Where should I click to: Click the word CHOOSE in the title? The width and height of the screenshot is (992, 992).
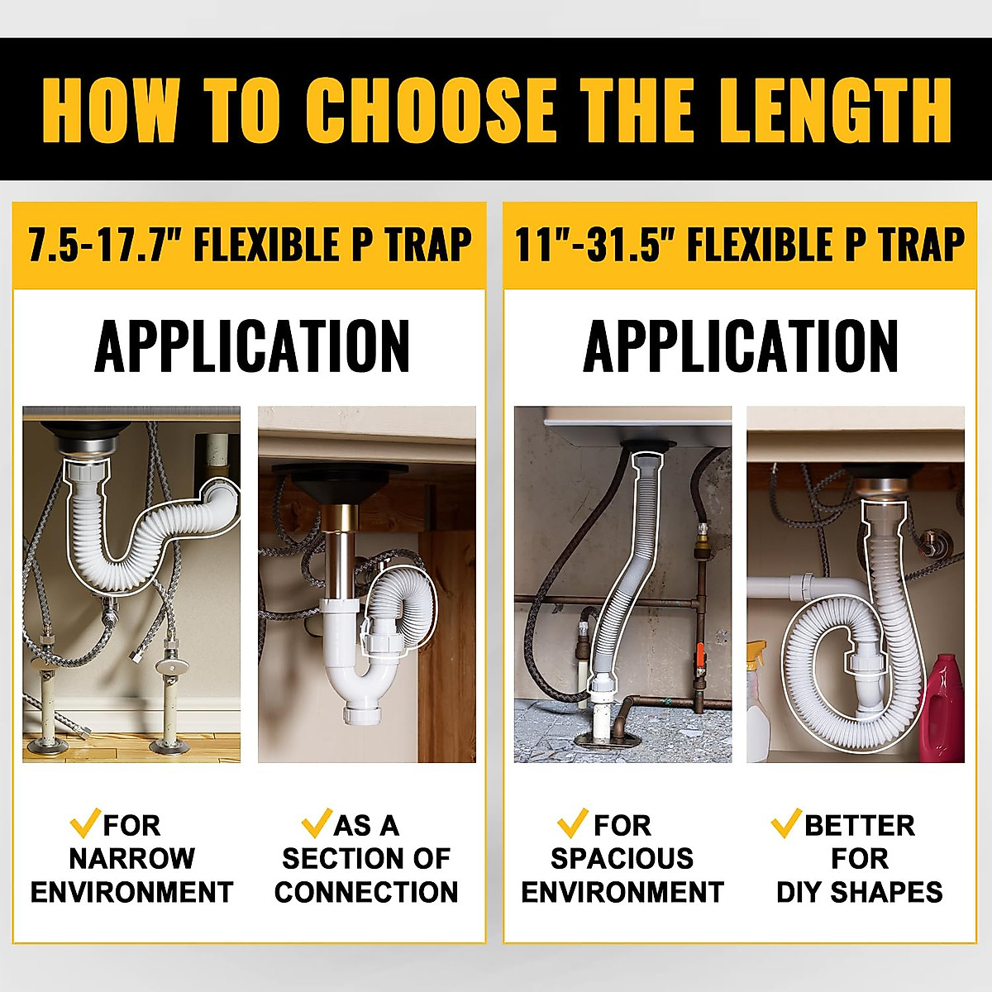(x=430, y=109)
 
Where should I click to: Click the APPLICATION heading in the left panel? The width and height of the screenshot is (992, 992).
(x=252, y=346)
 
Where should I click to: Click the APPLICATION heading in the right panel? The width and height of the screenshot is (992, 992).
(x=741, y=346)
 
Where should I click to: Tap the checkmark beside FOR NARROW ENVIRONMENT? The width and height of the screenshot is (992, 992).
(x=85, y=823)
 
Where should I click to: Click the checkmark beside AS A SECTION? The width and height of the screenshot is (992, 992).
(x=317, y=823)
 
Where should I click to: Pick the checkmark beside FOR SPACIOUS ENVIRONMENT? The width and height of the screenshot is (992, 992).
(x=572, y=823)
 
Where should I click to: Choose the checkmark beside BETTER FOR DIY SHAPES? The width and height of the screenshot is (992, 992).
(x=786, y=823)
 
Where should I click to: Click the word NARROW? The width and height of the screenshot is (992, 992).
(x=131, y=859)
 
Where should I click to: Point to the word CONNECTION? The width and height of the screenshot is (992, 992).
(x=366, y=893)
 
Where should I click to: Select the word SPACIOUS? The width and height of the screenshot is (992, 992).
(x=622, y=859)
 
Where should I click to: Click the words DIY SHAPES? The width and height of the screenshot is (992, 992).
(x=860, y=893)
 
